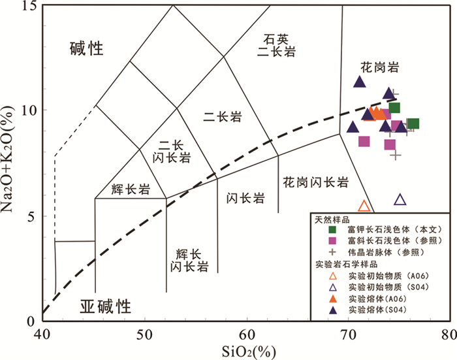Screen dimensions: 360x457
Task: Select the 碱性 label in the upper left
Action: pyautogui.click(x=88, y=48)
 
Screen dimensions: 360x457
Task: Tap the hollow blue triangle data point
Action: pyautogui.click(x=400, y=200)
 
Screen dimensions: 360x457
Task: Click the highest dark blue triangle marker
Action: pyautogui.click(x=359, y=82)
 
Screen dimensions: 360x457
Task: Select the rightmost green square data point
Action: pyautogui.click(x=413, y=123)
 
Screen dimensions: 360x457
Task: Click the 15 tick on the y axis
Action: pyautogui.click(x=27, y=6)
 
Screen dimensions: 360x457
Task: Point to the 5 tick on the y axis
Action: pyautogui.click(x=30, y=216)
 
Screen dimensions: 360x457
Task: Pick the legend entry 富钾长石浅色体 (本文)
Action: pyautogui.click(x=386, y=229)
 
